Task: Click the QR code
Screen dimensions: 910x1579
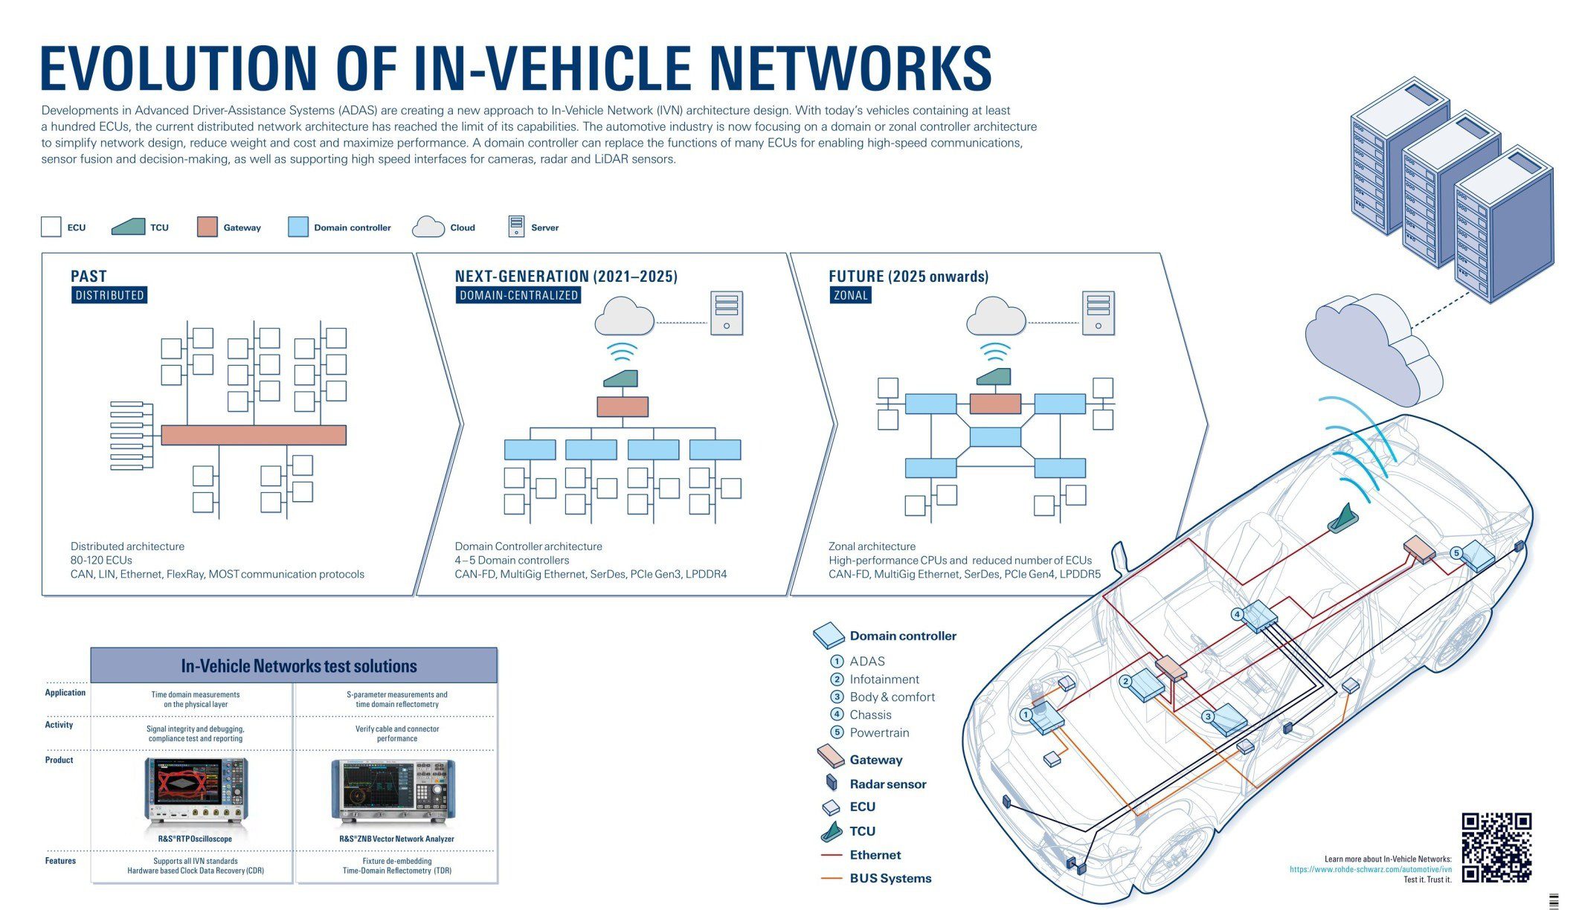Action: [x=1496, y=847]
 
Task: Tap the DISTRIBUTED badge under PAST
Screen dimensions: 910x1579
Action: [x=109, y=295]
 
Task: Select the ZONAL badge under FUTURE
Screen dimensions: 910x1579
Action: [x=850, y=295]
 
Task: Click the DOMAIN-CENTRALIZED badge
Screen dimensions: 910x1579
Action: [x=518, y=295]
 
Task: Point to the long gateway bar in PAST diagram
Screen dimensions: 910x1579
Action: [x=254, y=435]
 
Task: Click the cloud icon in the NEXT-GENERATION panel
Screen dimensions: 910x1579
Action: [x=624, y=317]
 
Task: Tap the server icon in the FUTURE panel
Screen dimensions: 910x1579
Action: [x=1098, y=313]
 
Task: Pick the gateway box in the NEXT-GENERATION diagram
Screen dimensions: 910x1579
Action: [x=623, y=407]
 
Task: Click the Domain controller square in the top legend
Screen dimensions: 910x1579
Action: [x=298, y=227]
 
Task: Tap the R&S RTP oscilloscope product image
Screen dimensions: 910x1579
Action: [x=196, y=791]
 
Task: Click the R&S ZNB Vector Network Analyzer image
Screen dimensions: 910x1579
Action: [x=393, y=793]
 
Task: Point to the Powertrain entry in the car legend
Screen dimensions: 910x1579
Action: [x=879, y=732]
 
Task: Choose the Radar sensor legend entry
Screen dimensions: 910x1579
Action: [x=887, y=784]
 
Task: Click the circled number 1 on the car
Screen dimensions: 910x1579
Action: [x=1026, y=715]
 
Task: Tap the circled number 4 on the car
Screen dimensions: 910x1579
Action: [x=1237, y=614]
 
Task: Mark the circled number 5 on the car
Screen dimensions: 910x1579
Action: [x=1456, y=552]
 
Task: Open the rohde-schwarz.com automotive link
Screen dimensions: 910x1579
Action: [x=1370, y=869]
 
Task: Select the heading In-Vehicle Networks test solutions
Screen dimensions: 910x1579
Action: [x=298, y=665]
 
